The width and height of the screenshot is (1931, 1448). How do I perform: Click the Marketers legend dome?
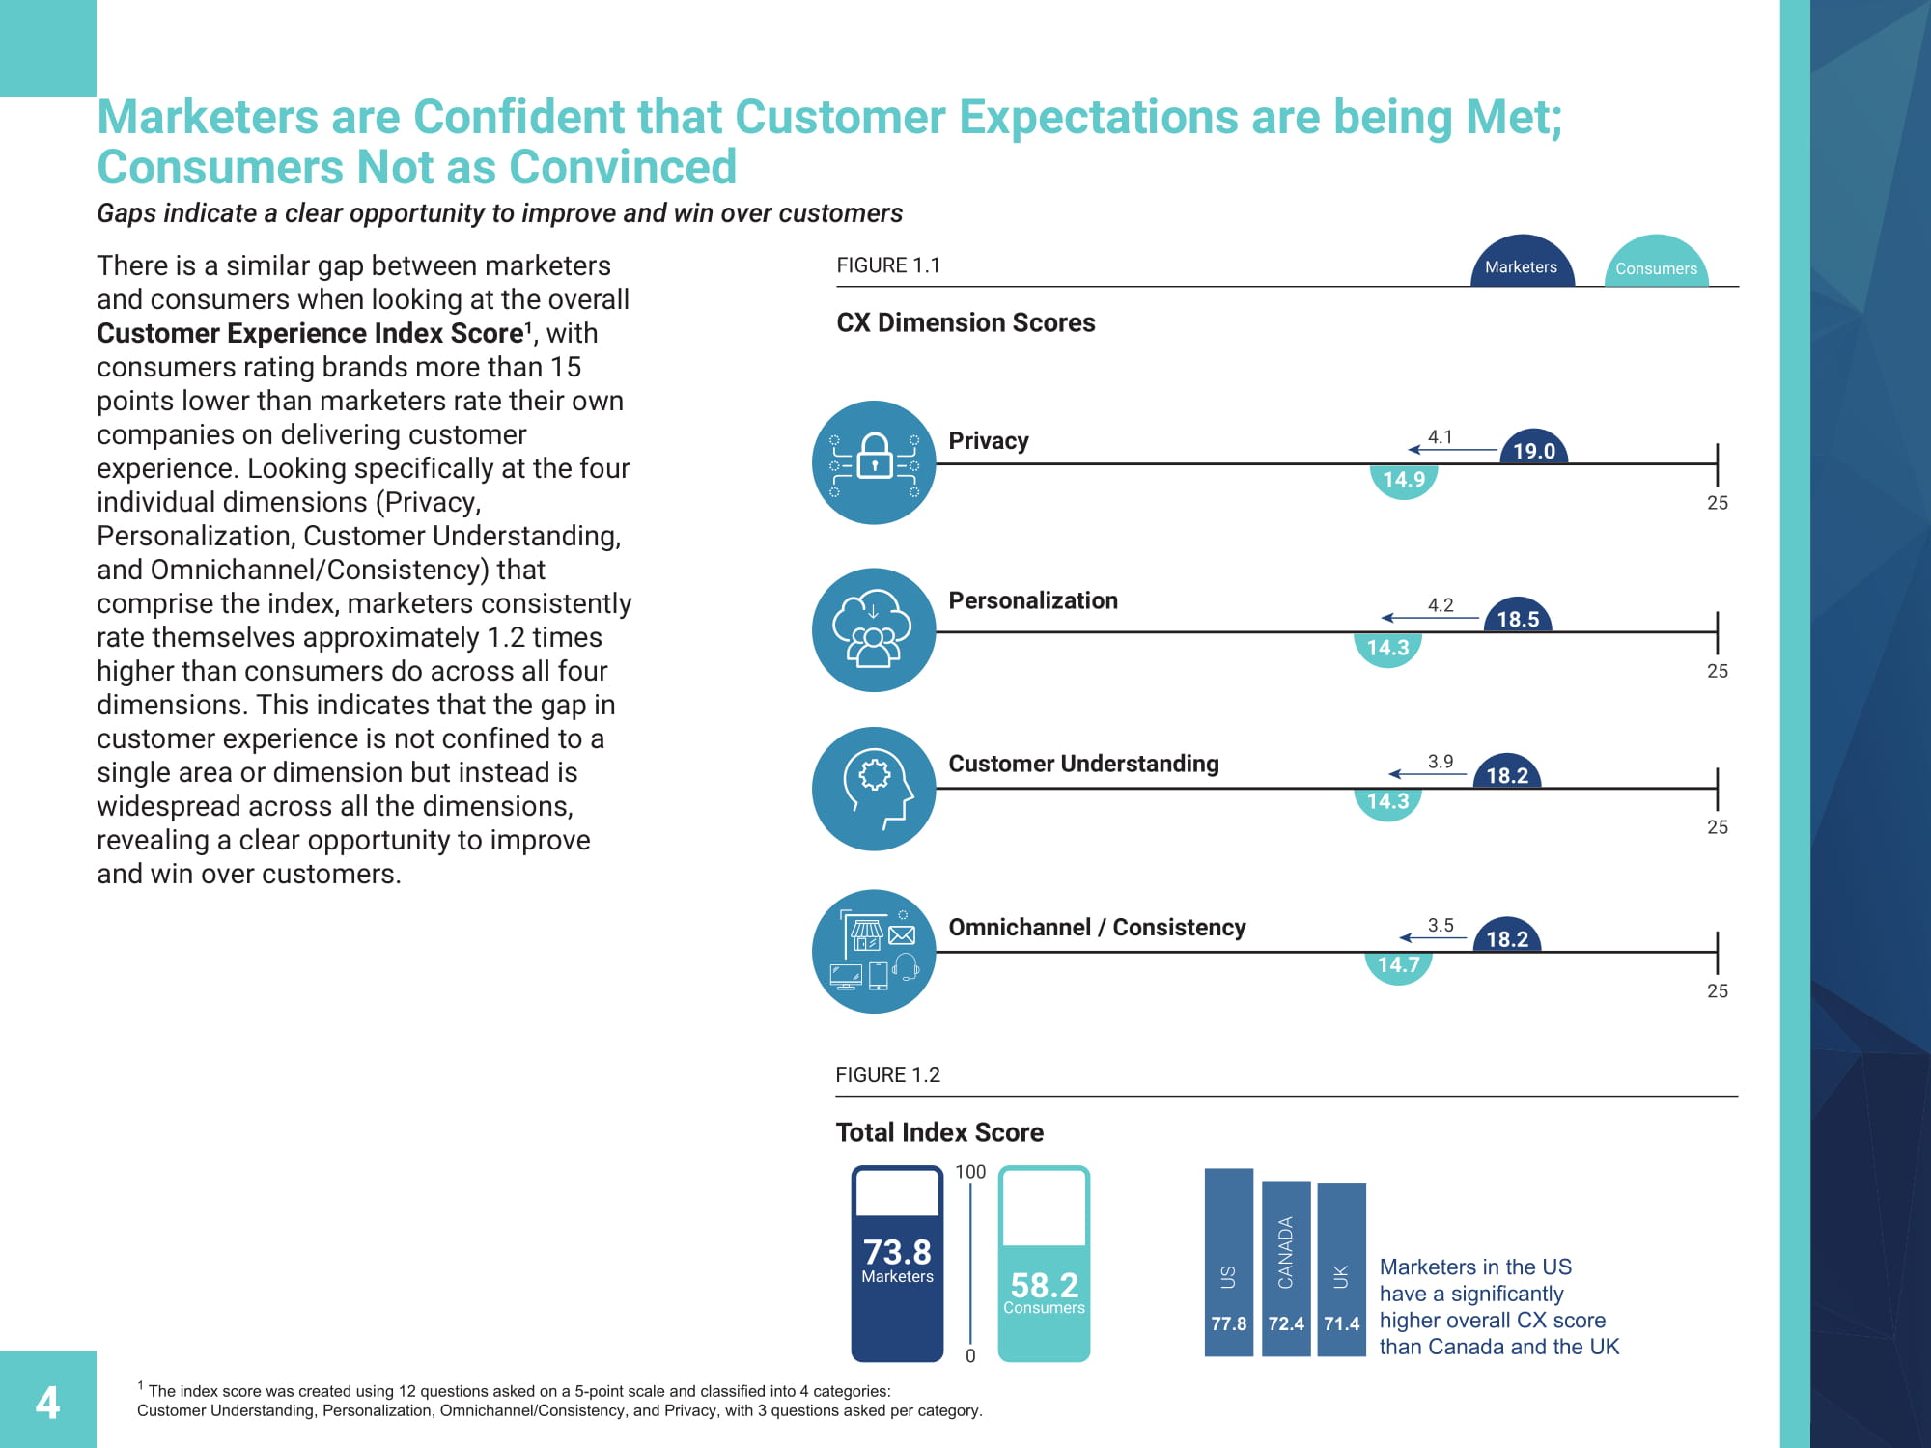click(x=1522, y=264)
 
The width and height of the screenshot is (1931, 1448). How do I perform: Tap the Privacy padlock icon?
click(x=874, y=462)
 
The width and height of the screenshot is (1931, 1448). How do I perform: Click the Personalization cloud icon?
click(x=874, y=629)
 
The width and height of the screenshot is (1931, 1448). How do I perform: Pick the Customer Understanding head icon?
click(x=874, y=789)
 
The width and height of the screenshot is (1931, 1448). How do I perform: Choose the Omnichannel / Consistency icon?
click(x=874, y=951)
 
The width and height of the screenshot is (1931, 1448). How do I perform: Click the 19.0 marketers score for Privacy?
click(x=1533, y=450)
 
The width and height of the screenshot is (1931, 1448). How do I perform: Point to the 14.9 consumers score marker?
click(x=1404, y=480)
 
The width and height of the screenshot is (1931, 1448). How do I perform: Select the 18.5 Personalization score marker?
click(x=1518, y=618)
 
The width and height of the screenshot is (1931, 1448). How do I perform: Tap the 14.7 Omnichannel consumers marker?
click(x=1398, y=964)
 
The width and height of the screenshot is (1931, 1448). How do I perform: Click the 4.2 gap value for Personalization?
click(x=1441, y=605)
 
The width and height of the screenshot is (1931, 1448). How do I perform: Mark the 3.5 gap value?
click(x=1441, y=925)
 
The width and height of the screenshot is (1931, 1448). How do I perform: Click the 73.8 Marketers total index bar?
click(x=897, y=1265)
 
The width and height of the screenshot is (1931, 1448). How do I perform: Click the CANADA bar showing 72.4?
click(x=1286, y=1268)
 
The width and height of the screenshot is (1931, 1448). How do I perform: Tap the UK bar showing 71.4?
click(x=1341, y=1270)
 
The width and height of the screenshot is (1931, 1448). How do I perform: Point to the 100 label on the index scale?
click(x=970, y=1172)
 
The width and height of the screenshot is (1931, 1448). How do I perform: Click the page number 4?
click(x=47, y=1402)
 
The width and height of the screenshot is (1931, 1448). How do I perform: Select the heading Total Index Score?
click(x=939, y=1132)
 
